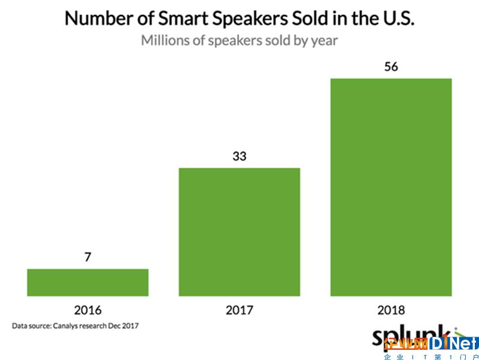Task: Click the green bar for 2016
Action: [x=87, y=282]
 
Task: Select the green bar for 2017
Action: [x=239, y=231]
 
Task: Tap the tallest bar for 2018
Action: [x=391, y=187]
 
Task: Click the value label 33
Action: [x=239, y=156]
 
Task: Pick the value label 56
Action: [x=391, y=66]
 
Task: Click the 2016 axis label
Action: [x=87, y=310]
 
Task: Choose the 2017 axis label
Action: [x=239, y=310]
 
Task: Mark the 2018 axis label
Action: [x=391, y=310]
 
